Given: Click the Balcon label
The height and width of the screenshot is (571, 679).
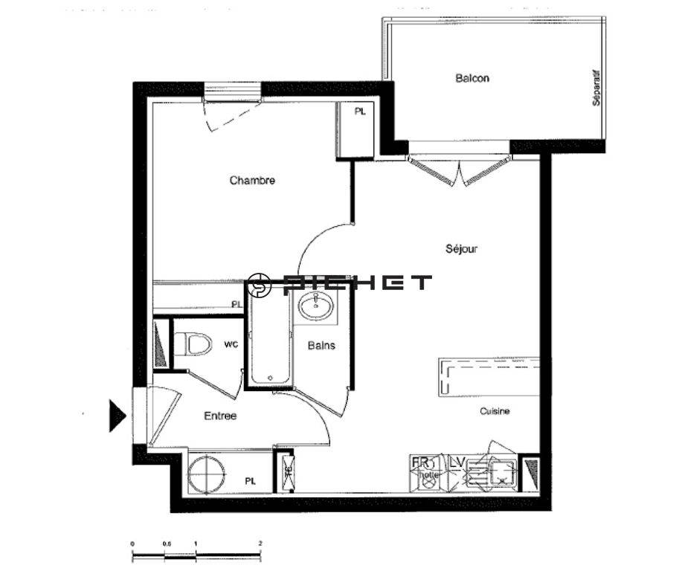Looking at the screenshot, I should pyautogui.click(x=472, y=78).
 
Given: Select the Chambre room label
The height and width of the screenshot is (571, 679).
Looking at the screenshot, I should pyautogui.click(x=252, y=180).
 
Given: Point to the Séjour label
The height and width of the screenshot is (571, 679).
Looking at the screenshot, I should pyautogui.click(x=461, y=249).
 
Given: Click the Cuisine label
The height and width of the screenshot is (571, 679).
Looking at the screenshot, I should pyautogui.click(x=495, y=411).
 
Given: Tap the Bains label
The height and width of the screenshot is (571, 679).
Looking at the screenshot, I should pyautogui.click(x=321, y=345).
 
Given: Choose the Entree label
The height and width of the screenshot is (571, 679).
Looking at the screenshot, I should pyautogui.click(x=220, y=416).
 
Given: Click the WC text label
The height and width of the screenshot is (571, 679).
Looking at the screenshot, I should pyautogui.click(x=231, y=343).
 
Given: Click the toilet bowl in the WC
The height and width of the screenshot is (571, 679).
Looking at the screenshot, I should pyautogui.click(x=195, y=344).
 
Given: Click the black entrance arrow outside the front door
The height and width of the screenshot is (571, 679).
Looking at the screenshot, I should pyautogui.click(x=117, y=416).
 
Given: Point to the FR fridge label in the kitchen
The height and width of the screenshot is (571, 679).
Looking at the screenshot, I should pyautogui.click(x=419, y=462).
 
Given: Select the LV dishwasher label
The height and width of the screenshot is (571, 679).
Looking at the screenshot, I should pyautogui.click(x=457, y=462).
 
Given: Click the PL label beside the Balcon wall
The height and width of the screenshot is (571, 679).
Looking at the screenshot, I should pyautogui.click(x=360, y=112).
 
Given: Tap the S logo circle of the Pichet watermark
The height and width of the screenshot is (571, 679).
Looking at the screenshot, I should pyautogui.click(x=260, y=283).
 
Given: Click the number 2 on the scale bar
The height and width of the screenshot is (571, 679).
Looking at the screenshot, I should pyautogui.click(x=260, y=543).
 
